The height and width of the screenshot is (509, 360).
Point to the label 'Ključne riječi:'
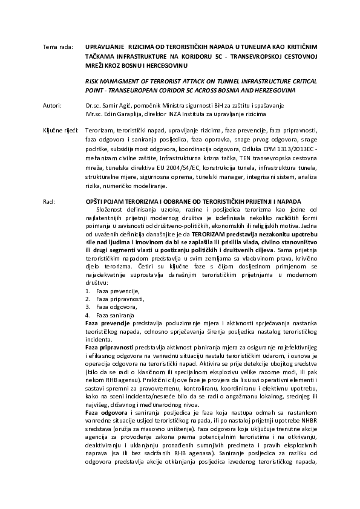pyautogui.click(x=60, y=130)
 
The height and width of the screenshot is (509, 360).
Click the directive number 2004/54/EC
pyautogui.click(x=202, y=172)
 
